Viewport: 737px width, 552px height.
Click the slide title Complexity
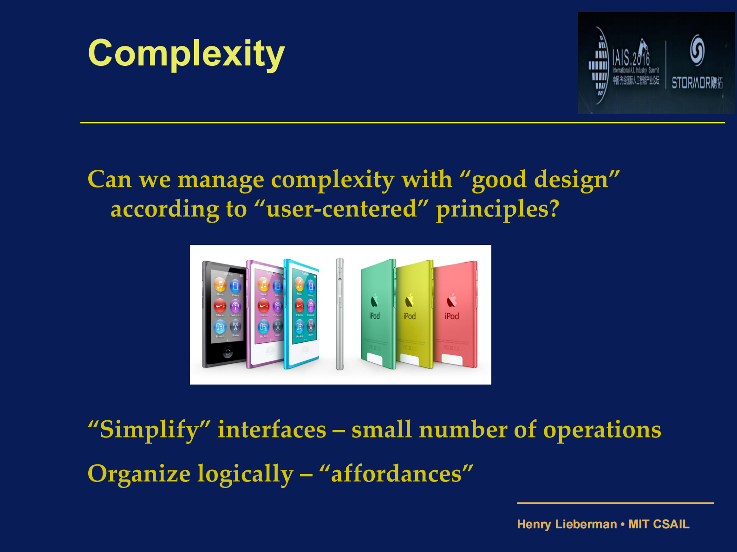click(186, 54)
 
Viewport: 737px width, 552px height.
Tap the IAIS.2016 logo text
click(631, 58)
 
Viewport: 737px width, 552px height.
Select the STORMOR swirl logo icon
click(697, 50)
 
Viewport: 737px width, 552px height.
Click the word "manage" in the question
click(221, 180)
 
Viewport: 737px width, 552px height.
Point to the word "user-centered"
click(341, 209)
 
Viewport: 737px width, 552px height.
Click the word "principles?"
click(497, 209)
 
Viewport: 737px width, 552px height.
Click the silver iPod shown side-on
click(340, 314)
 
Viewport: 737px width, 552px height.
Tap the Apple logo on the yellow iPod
click(409, 301)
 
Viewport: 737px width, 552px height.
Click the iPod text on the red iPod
click(452, 316)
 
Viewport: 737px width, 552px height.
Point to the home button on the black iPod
click(228, 353)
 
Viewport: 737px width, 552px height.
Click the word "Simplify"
click(149, 430)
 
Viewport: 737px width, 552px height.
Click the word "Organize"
click(139, 474)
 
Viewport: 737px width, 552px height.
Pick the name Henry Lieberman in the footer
click(567, 524)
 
